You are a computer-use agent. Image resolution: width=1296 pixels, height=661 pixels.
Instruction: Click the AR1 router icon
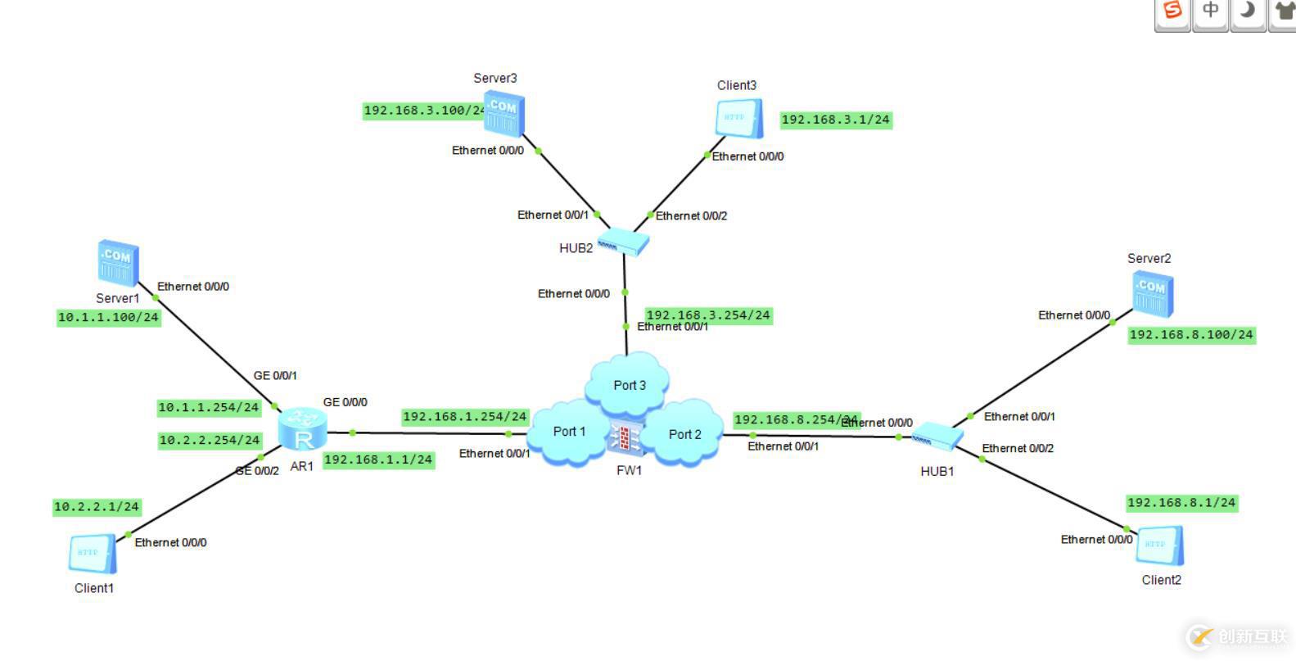click(x=302, y=430)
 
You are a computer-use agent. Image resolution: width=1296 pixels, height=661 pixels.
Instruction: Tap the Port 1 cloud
click(x=569, y=432)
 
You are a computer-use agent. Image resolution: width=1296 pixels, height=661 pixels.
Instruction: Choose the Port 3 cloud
click(x=629, y=384)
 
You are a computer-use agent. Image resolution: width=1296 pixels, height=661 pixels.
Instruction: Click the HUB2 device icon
click(x=623, y=242)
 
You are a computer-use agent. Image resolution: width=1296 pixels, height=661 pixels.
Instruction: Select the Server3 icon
click(x=503, y=114)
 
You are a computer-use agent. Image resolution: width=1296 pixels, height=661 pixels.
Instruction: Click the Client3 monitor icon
click(x=739, y=119)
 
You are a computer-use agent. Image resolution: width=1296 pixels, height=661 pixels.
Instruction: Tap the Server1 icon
click(x=118, y=262)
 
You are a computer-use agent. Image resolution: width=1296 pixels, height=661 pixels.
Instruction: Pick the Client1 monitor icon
click(x=92, y=554)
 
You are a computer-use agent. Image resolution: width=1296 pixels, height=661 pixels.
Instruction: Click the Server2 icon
click(x=1153, y=294)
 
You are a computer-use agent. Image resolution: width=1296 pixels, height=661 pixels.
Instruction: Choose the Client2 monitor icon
click(x=1159, y=546)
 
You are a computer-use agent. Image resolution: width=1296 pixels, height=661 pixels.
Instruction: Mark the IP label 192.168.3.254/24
click(x=708, y=315)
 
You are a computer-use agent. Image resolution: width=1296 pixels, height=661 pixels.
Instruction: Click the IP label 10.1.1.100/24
click(x=108, y=318)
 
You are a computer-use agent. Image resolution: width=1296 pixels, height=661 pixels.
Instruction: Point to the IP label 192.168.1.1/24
click(x=378, y=460)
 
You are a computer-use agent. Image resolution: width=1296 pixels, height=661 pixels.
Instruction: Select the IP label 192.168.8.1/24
click(x=1181, y=503)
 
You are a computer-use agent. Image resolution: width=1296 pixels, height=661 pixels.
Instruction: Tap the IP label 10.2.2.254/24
click(x=210, y=441)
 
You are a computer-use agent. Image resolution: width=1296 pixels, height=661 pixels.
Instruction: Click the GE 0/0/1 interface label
click(x=275, y=376)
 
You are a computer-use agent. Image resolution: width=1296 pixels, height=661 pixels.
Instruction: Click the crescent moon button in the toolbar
click(x=1247, y=11)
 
